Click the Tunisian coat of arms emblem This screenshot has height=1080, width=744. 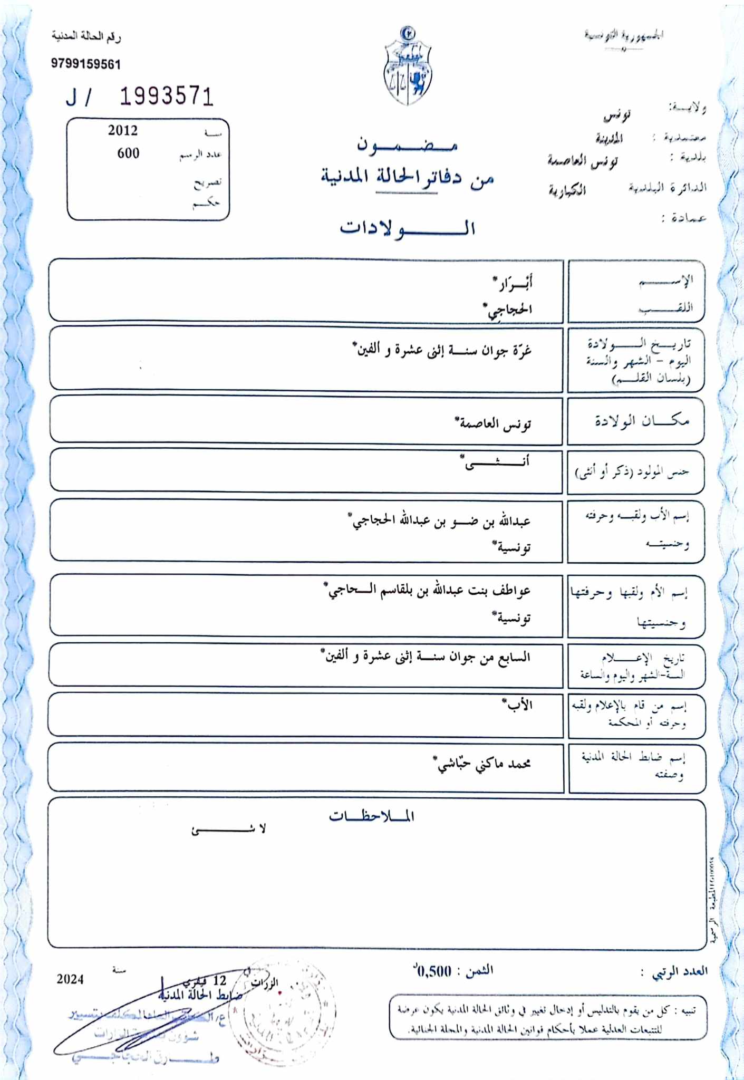pos(408,66)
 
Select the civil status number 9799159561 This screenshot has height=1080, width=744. pos(86,64)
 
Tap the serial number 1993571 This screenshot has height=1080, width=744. pos(167,97)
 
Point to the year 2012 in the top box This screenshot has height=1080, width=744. pos(123,130)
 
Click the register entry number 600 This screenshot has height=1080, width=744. pos(128,153)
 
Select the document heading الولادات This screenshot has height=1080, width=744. pos(408,228)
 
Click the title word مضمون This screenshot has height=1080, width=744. pos(407,144)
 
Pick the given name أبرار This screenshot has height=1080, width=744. pos(513,283)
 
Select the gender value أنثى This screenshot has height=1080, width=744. pos(495,463)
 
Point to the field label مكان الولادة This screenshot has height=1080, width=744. pos(642,421)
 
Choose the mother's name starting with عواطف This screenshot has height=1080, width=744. pos(428,591)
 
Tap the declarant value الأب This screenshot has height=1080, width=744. pos(517,705)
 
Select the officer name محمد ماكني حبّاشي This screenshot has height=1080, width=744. pos(482,764)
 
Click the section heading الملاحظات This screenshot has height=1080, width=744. pos(372,816)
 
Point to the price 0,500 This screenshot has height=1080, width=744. pos(434,971)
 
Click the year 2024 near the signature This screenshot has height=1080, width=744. pos(70,979)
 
